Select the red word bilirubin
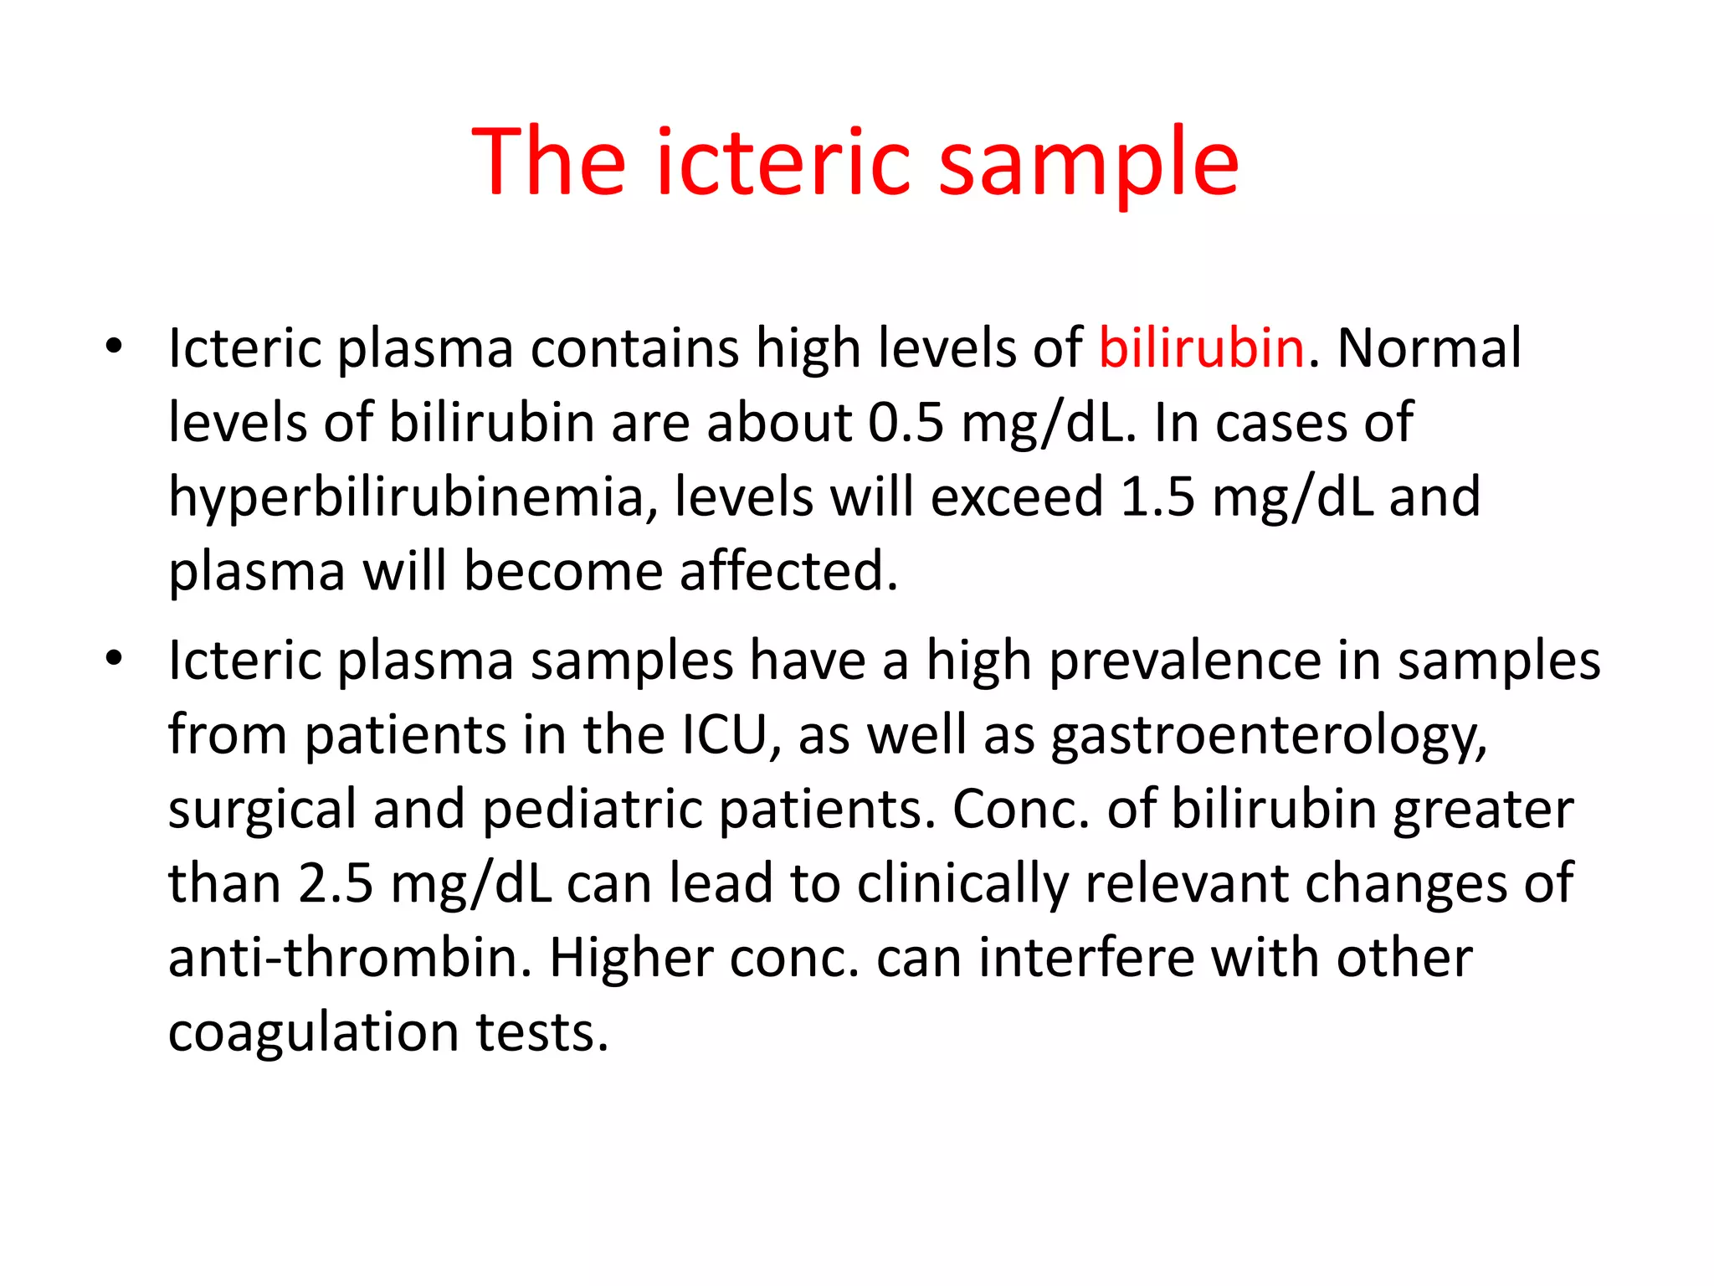tap(1201, 347)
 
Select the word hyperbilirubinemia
tap(406, 496)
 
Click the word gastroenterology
tap(1269, 735)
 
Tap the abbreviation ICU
tap(725, 735)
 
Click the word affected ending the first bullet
tap(788, 571)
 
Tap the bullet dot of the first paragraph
tap(114, 346)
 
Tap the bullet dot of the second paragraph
tap(114, 659)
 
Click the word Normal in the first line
tap(1429, 347)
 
